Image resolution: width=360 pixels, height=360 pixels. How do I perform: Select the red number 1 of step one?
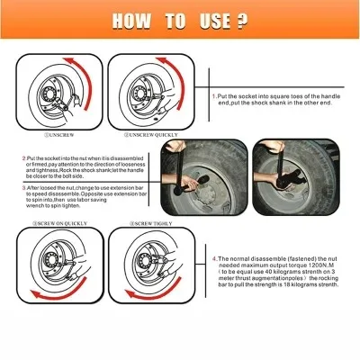click(212, 94)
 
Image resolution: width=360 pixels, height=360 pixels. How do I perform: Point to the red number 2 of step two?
click(24, 157)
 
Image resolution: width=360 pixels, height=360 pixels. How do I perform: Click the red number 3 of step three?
click(23, 188)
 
